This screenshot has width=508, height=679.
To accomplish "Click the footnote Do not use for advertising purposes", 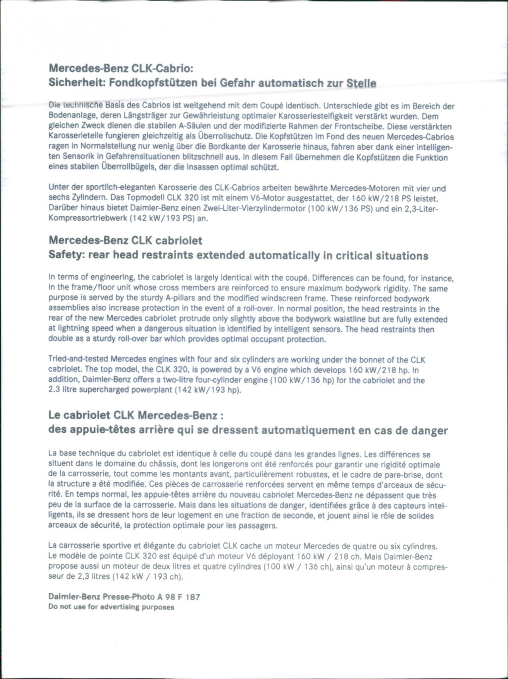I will point(111,607).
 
